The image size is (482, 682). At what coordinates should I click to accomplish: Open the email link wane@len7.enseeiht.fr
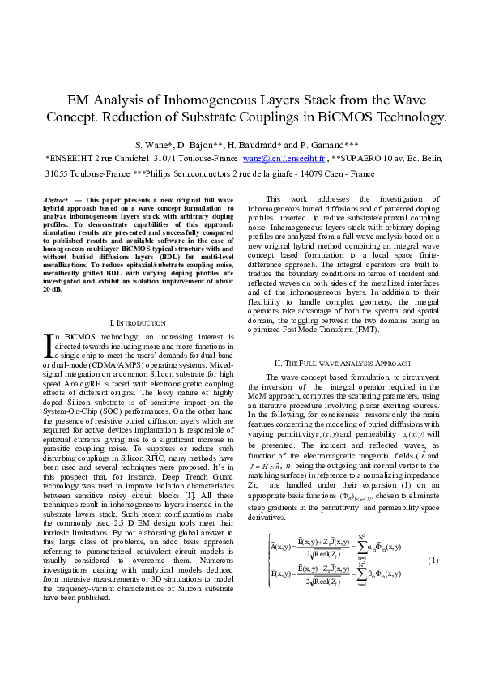tap(282, 160)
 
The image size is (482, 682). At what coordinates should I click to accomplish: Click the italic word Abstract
tap(55, 199)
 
